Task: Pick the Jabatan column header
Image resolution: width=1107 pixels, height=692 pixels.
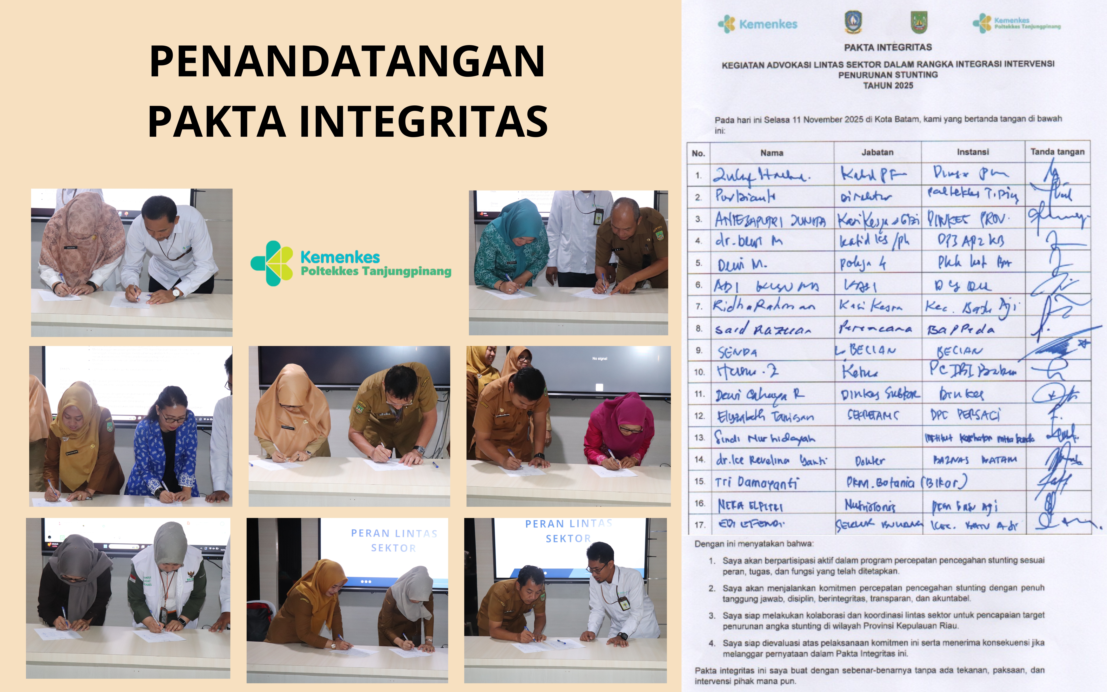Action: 877,152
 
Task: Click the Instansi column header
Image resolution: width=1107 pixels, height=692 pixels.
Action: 973,152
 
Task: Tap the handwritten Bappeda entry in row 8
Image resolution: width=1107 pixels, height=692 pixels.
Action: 960,329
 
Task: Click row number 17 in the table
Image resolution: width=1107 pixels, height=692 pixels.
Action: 700,525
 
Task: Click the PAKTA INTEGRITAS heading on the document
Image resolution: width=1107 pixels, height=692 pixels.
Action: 888,47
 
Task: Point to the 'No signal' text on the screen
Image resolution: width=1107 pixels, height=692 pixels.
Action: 599,358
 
